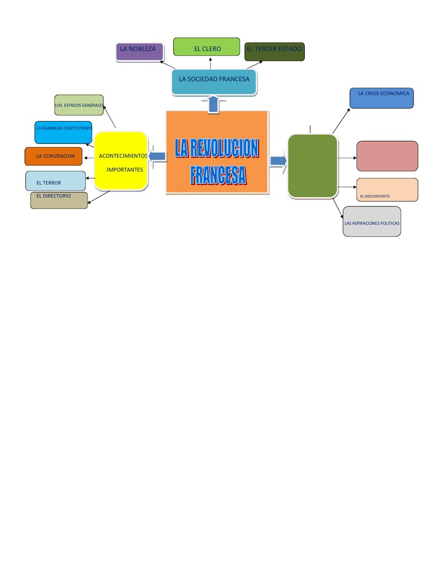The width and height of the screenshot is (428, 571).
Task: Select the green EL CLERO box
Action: click(206, 47)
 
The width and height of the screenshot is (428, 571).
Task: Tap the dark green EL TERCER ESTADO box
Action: click(274, 51)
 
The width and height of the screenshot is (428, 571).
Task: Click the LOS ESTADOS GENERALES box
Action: click(79, 105)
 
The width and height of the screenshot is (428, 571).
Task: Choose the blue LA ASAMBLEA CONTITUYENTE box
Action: click(63, 132)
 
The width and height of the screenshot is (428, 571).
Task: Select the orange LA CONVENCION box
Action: click(53, 156)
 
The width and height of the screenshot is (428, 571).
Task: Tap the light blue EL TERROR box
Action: click(55, 181)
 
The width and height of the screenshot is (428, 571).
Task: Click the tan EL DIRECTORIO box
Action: click(59, 200)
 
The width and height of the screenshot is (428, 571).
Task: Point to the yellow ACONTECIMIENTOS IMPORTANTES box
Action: click(121, 161)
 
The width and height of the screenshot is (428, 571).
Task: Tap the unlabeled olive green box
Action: click(312, 166)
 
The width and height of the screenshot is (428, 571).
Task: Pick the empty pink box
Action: click(387, 156)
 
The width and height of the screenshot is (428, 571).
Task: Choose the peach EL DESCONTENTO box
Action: click(387, 190)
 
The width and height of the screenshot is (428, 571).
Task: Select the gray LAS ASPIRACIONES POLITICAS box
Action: click(372, 221)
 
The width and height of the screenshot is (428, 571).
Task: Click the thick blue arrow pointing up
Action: click(213, 104)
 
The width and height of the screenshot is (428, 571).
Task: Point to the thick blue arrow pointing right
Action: click(278, 161)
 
